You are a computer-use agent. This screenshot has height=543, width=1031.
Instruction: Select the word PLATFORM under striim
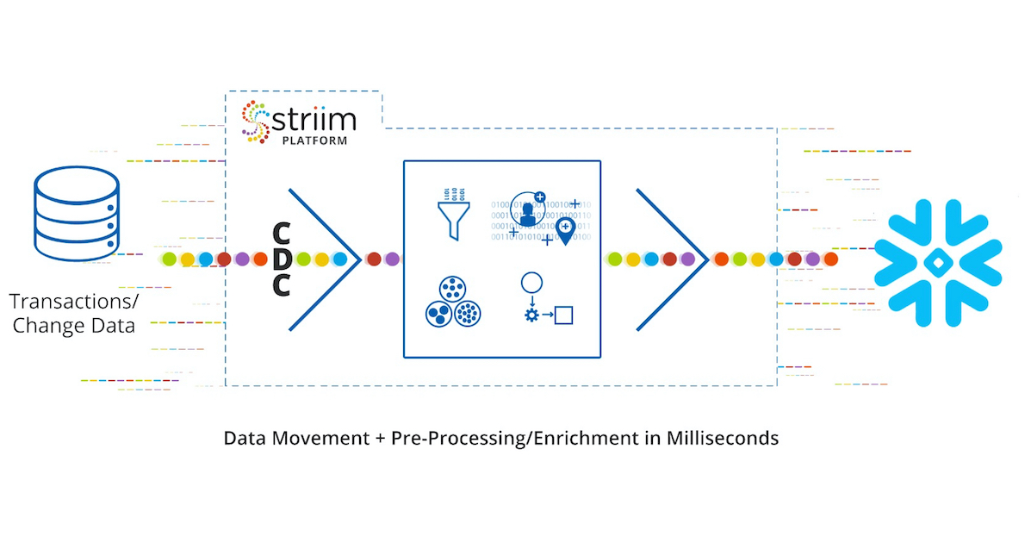(x=314, y=140)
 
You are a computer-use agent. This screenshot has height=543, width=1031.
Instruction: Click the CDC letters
(x=281, y=259)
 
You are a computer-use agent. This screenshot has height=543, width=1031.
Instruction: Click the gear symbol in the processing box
(x=531, y=315)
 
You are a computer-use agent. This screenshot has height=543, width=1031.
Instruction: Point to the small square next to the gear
(x=563, y=315)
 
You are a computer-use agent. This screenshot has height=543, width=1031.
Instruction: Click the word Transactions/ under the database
(x=74, y=303)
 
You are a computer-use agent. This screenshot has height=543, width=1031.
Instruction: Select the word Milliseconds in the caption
(x=722, y=438)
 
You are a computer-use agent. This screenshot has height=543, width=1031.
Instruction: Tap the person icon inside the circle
(x=527, y=209)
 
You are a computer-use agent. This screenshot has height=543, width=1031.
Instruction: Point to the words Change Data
(x=74, y=326)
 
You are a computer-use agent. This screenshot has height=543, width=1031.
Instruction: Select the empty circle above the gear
(x=531, y=283)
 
